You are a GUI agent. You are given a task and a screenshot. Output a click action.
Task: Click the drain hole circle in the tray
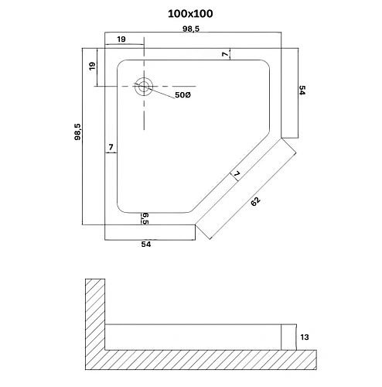click(143, 87)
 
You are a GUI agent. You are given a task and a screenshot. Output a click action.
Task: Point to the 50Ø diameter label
click(180, 95)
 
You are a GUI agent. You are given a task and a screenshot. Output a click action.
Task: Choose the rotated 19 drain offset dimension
click(93, 67)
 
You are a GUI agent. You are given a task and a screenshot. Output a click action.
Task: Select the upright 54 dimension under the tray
click(145, 244)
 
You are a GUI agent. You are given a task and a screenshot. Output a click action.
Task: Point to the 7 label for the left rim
click(111, 146)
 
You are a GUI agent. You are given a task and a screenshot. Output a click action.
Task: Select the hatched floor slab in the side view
click(209, 360)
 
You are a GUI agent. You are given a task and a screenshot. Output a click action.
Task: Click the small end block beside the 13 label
click(288, 337)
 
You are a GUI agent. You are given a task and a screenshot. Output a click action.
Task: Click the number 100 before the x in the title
click(177, 14)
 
